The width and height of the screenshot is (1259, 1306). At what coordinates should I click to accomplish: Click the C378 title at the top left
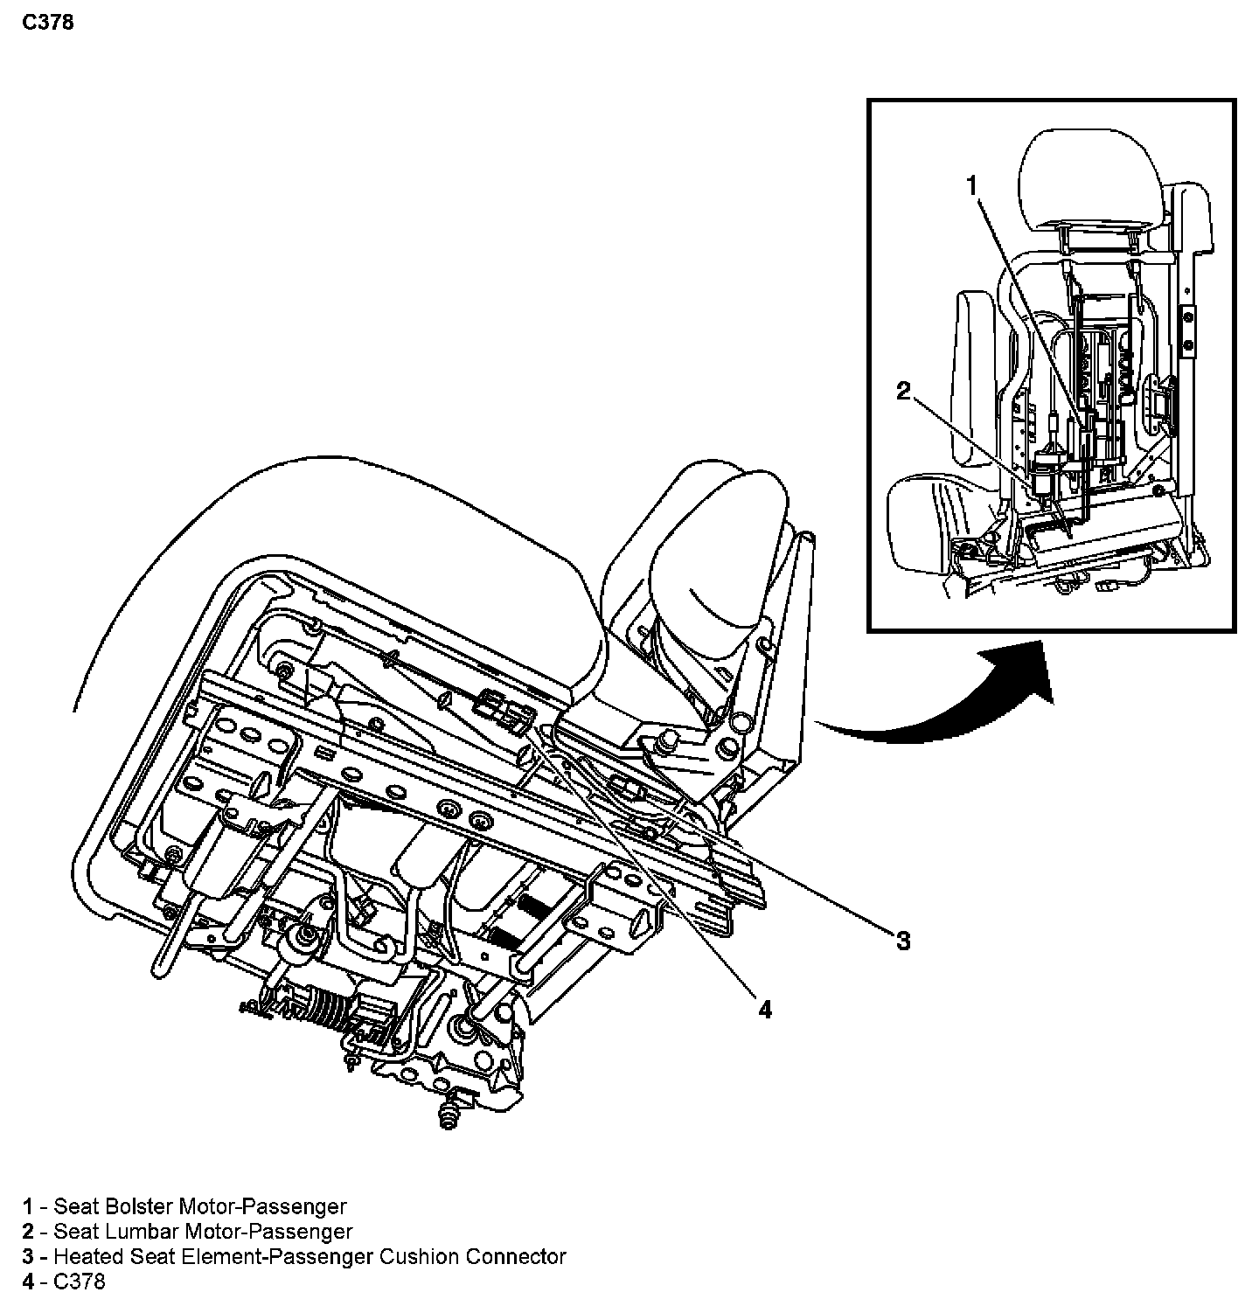click(x=48, y=23)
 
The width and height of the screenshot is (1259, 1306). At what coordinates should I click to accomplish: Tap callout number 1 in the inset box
click(x=971, y=184)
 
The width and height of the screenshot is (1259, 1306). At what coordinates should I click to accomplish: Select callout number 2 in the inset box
click(x=903, y=391)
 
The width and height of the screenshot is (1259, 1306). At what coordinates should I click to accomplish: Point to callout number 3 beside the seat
click(x=902, y=941)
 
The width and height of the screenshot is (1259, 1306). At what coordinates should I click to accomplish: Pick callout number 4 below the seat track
click(x=765, y=1011)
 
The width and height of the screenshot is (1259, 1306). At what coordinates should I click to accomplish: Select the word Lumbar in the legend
click(x=144, y=1233)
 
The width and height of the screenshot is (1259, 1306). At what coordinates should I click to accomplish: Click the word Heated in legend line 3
click(x=83, y=1257)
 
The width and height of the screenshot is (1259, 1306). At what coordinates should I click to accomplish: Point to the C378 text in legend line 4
click(x=80, y=1282)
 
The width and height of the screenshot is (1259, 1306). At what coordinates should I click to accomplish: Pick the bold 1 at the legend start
click(x=28, y=1207)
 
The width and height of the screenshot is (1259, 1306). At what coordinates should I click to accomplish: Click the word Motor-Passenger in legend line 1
click(x=262, y=1207)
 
